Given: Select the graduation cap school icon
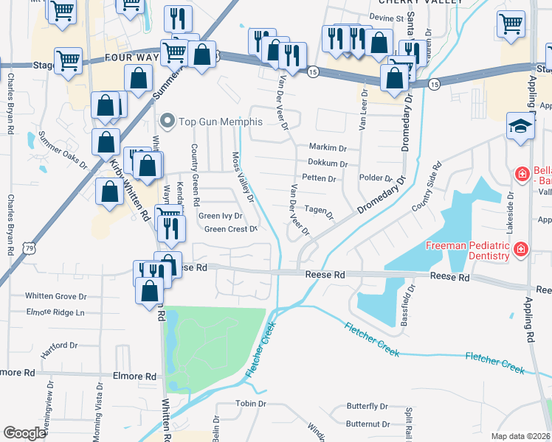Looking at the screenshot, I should coord(520,126).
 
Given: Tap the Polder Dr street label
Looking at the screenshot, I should coord(375,178).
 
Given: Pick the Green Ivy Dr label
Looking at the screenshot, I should coord(221,216).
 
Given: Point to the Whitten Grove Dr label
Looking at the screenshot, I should coord(56,296).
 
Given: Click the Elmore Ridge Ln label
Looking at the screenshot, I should coord(55,312).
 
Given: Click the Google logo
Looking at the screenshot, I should coord(24,433).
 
